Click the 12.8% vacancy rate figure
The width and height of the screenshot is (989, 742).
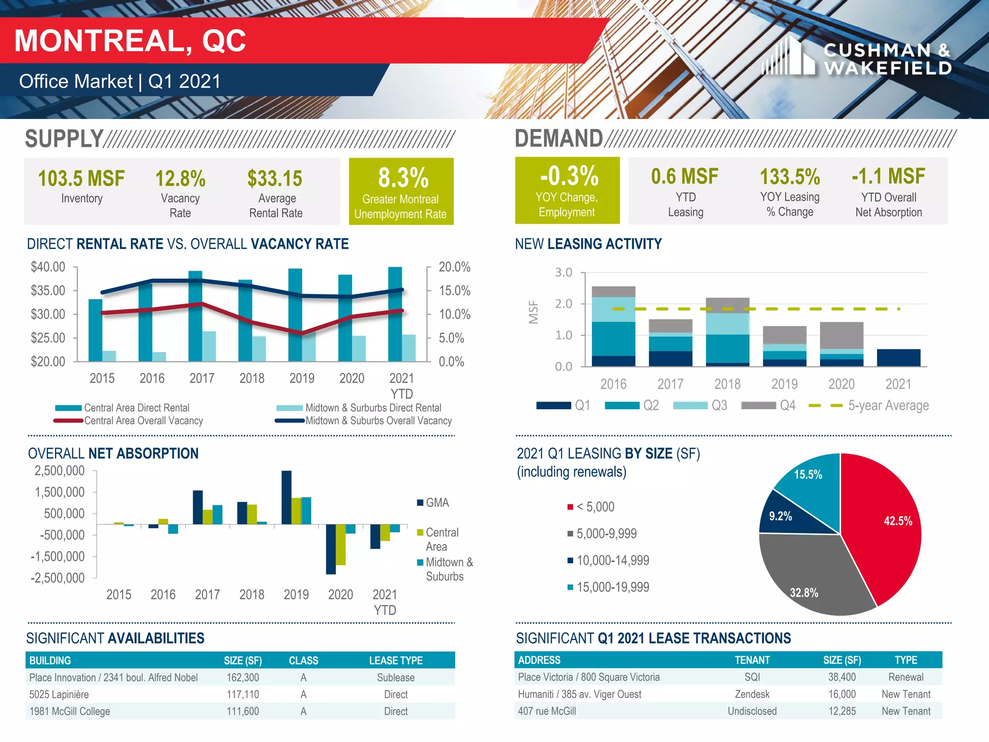point(180,178)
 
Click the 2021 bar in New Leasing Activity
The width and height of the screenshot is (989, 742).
point(898,357)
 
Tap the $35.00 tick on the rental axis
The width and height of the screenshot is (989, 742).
point(48,290)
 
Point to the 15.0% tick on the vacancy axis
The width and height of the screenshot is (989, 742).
point(454,290)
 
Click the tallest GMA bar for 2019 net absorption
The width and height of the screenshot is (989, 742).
point(286,497)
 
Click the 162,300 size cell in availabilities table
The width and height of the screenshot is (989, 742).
point(243,677)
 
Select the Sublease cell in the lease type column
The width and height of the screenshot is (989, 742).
point(396,677)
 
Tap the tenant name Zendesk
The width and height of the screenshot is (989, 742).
point(752,694)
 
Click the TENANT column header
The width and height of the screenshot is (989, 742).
point(752,660)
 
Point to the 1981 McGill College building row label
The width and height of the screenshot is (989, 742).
point(70,711)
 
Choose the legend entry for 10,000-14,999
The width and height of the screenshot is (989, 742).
point(612,560)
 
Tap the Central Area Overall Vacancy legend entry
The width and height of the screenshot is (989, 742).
point(143,421)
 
